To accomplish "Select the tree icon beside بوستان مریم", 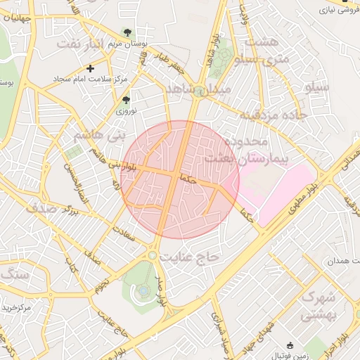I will click(x=127, y=32).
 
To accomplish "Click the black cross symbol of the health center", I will click(x=89, y=68).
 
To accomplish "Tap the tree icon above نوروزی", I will click(x=126, y=101).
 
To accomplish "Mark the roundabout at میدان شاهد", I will click(x=200, y=90).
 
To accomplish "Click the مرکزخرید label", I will click(x=15, y=308).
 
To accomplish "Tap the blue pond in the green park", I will click(x=143, y=290).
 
